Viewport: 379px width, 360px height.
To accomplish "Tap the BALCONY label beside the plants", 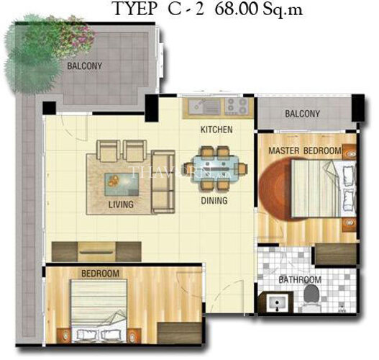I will [x=84, y=66].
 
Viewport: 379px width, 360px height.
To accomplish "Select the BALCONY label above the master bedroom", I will [x=302, y=114].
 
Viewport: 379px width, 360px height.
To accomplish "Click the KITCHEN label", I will [x=216, y=130].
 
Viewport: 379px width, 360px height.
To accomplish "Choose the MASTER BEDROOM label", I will [x=305, y=150].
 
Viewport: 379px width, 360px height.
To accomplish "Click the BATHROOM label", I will [x=300, y=279].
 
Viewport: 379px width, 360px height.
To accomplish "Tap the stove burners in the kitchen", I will [x=236, y=107].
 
